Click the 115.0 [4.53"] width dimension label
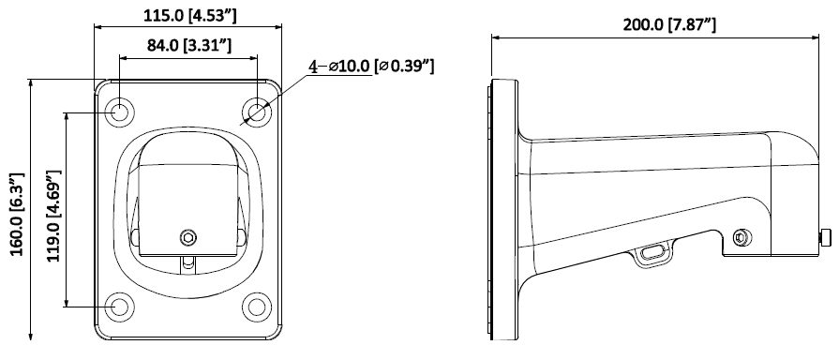pyautogui.click(x=189, y=16)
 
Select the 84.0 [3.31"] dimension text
pyautogui.click(x=189, y=45)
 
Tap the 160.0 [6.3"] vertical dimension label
pyautogui.click(x=17, y=214)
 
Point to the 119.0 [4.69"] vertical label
pyautogui.click(x=53, y=217)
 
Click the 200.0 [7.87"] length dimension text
pyautogui.click(x=669, y=24)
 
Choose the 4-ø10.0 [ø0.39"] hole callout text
pyautogui.click(x=371, y=66)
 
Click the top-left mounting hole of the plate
pyautogui.click(x=119, y=112)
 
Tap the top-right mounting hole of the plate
pyautogui.click(x=257, y=112)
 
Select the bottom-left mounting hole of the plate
pyautogui.click(x=119, y=307)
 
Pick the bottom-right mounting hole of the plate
pyautogui.click(x=257, y=307)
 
